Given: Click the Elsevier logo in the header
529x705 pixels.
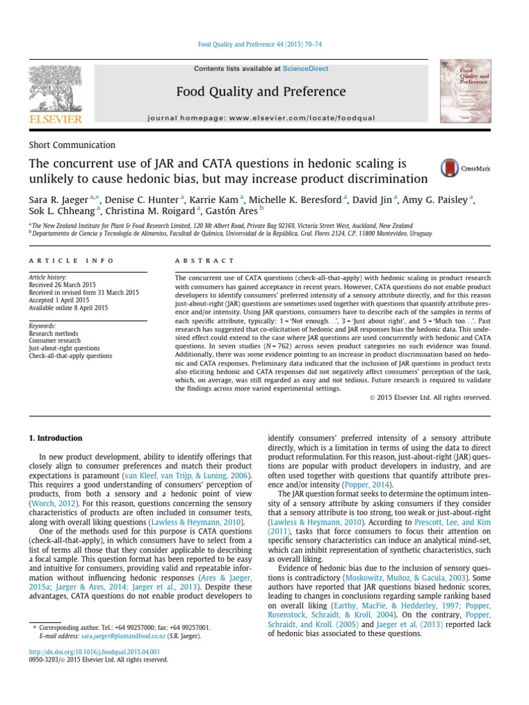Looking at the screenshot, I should tap(55, 95).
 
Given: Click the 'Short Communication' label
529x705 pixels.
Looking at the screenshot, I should tap(72, 145).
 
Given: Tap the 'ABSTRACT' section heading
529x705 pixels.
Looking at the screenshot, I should tap(196, 261).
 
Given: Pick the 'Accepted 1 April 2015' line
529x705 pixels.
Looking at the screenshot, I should tap(59, 300).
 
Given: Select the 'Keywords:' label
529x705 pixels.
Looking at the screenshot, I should tap(42, 325).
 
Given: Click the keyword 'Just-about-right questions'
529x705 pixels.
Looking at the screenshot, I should tap(64, 348).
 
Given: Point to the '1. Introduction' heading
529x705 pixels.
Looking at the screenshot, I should tap(55, 438).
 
